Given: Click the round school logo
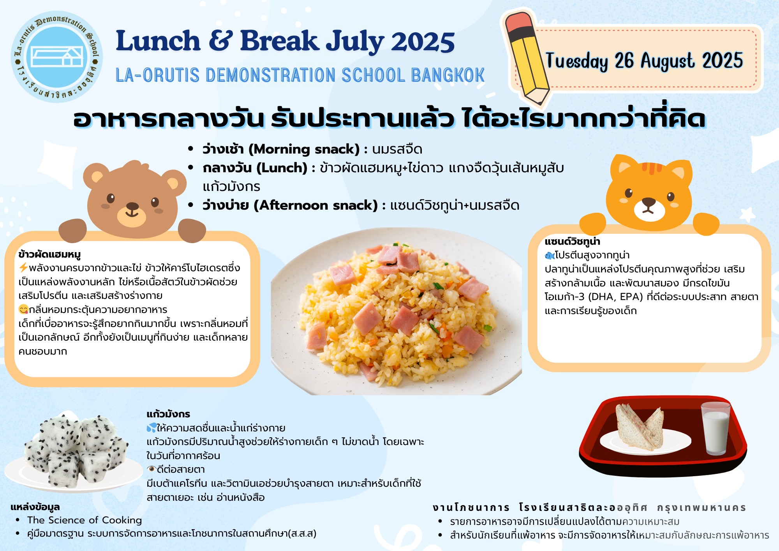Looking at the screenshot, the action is click(x=57, y=57).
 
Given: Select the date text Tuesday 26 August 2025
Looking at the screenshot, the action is click(x=644, y=61).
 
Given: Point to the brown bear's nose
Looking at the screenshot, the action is click(x=132, y=206).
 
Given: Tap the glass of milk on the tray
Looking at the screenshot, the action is click(x=716, y=428).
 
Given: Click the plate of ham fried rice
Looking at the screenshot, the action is click(x=397, y=312).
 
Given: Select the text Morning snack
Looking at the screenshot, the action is click(x=304, y=149).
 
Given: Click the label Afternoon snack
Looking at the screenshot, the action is click(x=316, y=205).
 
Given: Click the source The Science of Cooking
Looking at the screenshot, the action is click(x=85, y=520).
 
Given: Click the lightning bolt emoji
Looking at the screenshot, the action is click(x=23, y=268).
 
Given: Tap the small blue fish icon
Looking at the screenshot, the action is click(x=550, y=256).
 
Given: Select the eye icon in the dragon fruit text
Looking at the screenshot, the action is click(x=152, y=469).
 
